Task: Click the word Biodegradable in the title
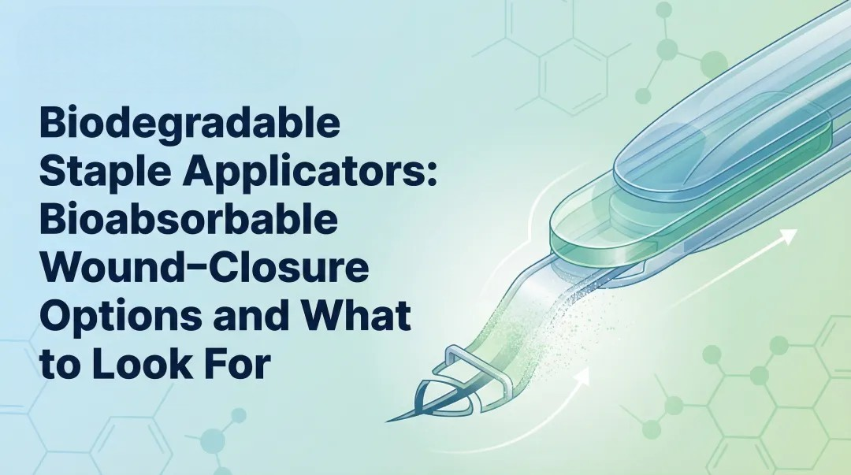pos(189,127)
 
